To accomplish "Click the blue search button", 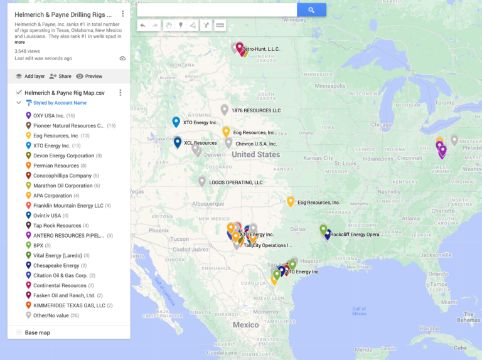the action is pyautogui.click(x=311, y=10).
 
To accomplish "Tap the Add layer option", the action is pyautogui.click(x=30, y=76).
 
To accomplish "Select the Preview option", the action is pyautogui.click(x=89, y=76).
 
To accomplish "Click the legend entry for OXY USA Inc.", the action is pyautogui.click(x=49, y=115).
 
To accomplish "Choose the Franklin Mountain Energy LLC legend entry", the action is pyautogui.click(x=68, y=206).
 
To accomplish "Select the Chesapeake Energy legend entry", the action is pyautogui.click(x=56, y=265).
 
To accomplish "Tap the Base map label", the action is pyautogui.click(x=38, y=332).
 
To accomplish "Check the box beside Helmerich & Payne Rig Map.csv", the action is pyautogui.click(x=19, y=93).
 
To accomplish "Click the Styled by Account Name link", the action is pyautogui.click(x=60, y=103).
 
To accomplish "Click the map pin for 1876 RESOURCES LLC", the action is pyautogui.click(x=224, y=110).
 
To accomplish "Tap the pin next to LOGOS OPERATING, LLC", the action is pyautogui.click(x=202, y=181).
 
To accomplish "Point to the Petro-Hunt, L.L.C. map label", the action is pyautogui.click(x=261, y=49).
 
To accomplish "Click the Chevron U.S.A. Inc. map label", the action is pyautogui.click(x=256, y=144).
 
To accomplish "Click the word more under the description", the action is pyautogui.click(x=20, y=42).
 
